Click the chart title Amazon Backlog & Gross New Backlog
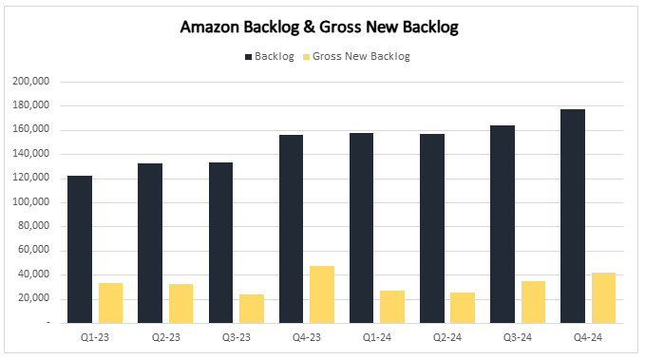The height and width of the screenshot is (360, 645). [319, 28]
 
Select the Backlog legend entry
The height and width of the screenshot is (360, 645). [270, 56]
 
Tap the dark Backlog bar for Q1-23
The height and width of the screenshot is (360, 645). [80, 249]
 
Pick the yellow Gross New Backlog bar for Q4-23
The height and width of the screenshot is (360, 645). [322, 294]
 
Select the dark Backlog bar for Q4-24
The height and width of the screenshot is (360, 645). [573, 216]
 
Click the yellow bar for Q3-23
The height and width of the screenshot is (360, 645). [252, 309]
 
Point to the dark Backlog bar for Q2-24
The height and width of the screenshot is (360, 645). [432, 228]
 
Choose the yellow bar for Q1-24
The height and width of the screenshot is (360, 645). [392, 307]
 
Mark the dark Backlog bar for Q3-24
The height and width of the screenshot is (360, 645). [503, 224]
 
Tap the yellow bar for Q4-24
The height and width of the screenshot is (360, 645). [604, 297]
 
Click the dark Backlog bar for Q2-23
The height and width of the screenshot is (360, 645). [150, 243]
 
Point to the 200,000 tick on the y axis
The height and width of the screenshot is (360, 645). [31, 82]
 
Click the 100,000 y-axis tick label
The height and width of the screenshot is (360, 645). [31, 202]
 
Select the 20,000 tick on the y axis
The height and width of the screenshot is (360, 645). [34, 299]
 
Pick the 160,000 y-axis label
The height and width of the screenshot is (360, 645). [31, 130]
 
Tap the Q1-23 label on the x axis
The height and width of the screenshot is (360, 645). [95, 337]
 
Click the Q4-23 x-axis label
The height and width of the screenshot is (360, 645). [306, 337]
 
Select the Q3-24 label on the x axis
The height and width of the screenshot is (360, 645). [518, 337]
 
